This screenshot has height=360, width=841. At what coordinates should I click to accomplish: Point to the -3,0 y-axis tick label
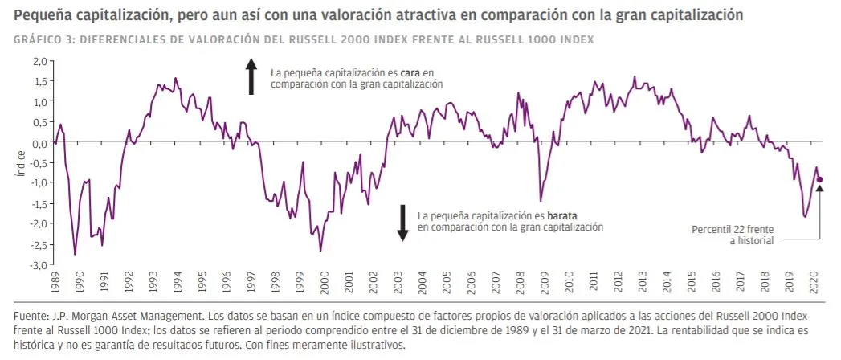pos(39,264)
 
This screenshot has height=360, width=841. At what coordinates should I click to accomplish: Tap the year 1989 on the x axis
pos(55,283)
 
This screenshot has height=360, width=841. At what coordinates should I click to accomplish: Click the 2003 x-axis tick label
pos(398,283)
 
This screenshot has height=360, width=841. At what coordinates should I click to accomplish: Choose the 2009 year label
pos(545,283)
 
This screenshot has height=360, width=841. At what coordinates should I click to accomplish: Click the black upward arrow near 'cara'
pos(251,76)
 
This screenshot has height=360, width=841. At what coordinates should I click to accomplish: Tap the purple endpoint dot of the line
pos(819,179)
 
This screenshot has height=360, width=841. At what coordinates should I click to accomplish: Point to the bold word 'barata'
pos(563,216)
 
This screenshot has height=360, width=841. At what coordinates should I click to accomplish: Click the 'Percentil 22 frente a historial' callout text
pos(733,235)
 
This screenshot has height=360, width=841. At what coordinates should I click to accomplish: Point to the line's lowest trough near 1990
pos(75,254)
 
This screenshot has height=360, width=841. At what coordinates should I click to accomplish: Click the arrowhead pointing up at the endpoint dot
pos(819,190)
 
